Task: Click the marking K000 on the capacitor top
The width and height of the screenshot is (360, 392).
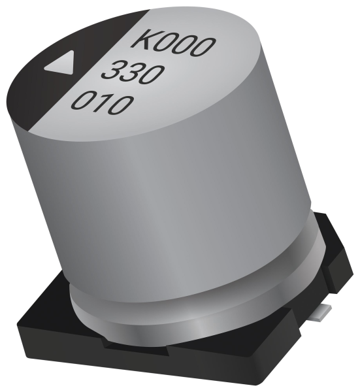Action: click(174, 41)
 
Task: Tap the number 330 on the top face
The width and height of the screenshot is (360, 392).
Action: click(133, 71)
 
